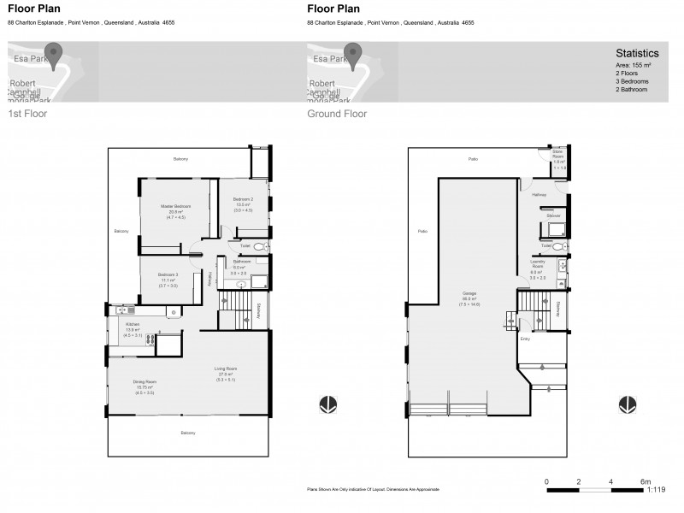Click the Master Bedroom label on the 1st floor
176,207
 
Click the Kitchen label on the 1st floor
133,325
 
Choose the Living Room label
226,369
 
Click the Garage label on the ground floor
469,292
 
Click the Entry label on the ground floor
525,339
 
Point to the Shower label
554,215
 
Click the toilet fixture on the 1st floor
263,245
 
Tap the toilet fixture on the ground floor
558,245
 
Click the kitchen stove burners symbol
150,339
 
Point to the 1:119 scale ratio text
656,491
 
